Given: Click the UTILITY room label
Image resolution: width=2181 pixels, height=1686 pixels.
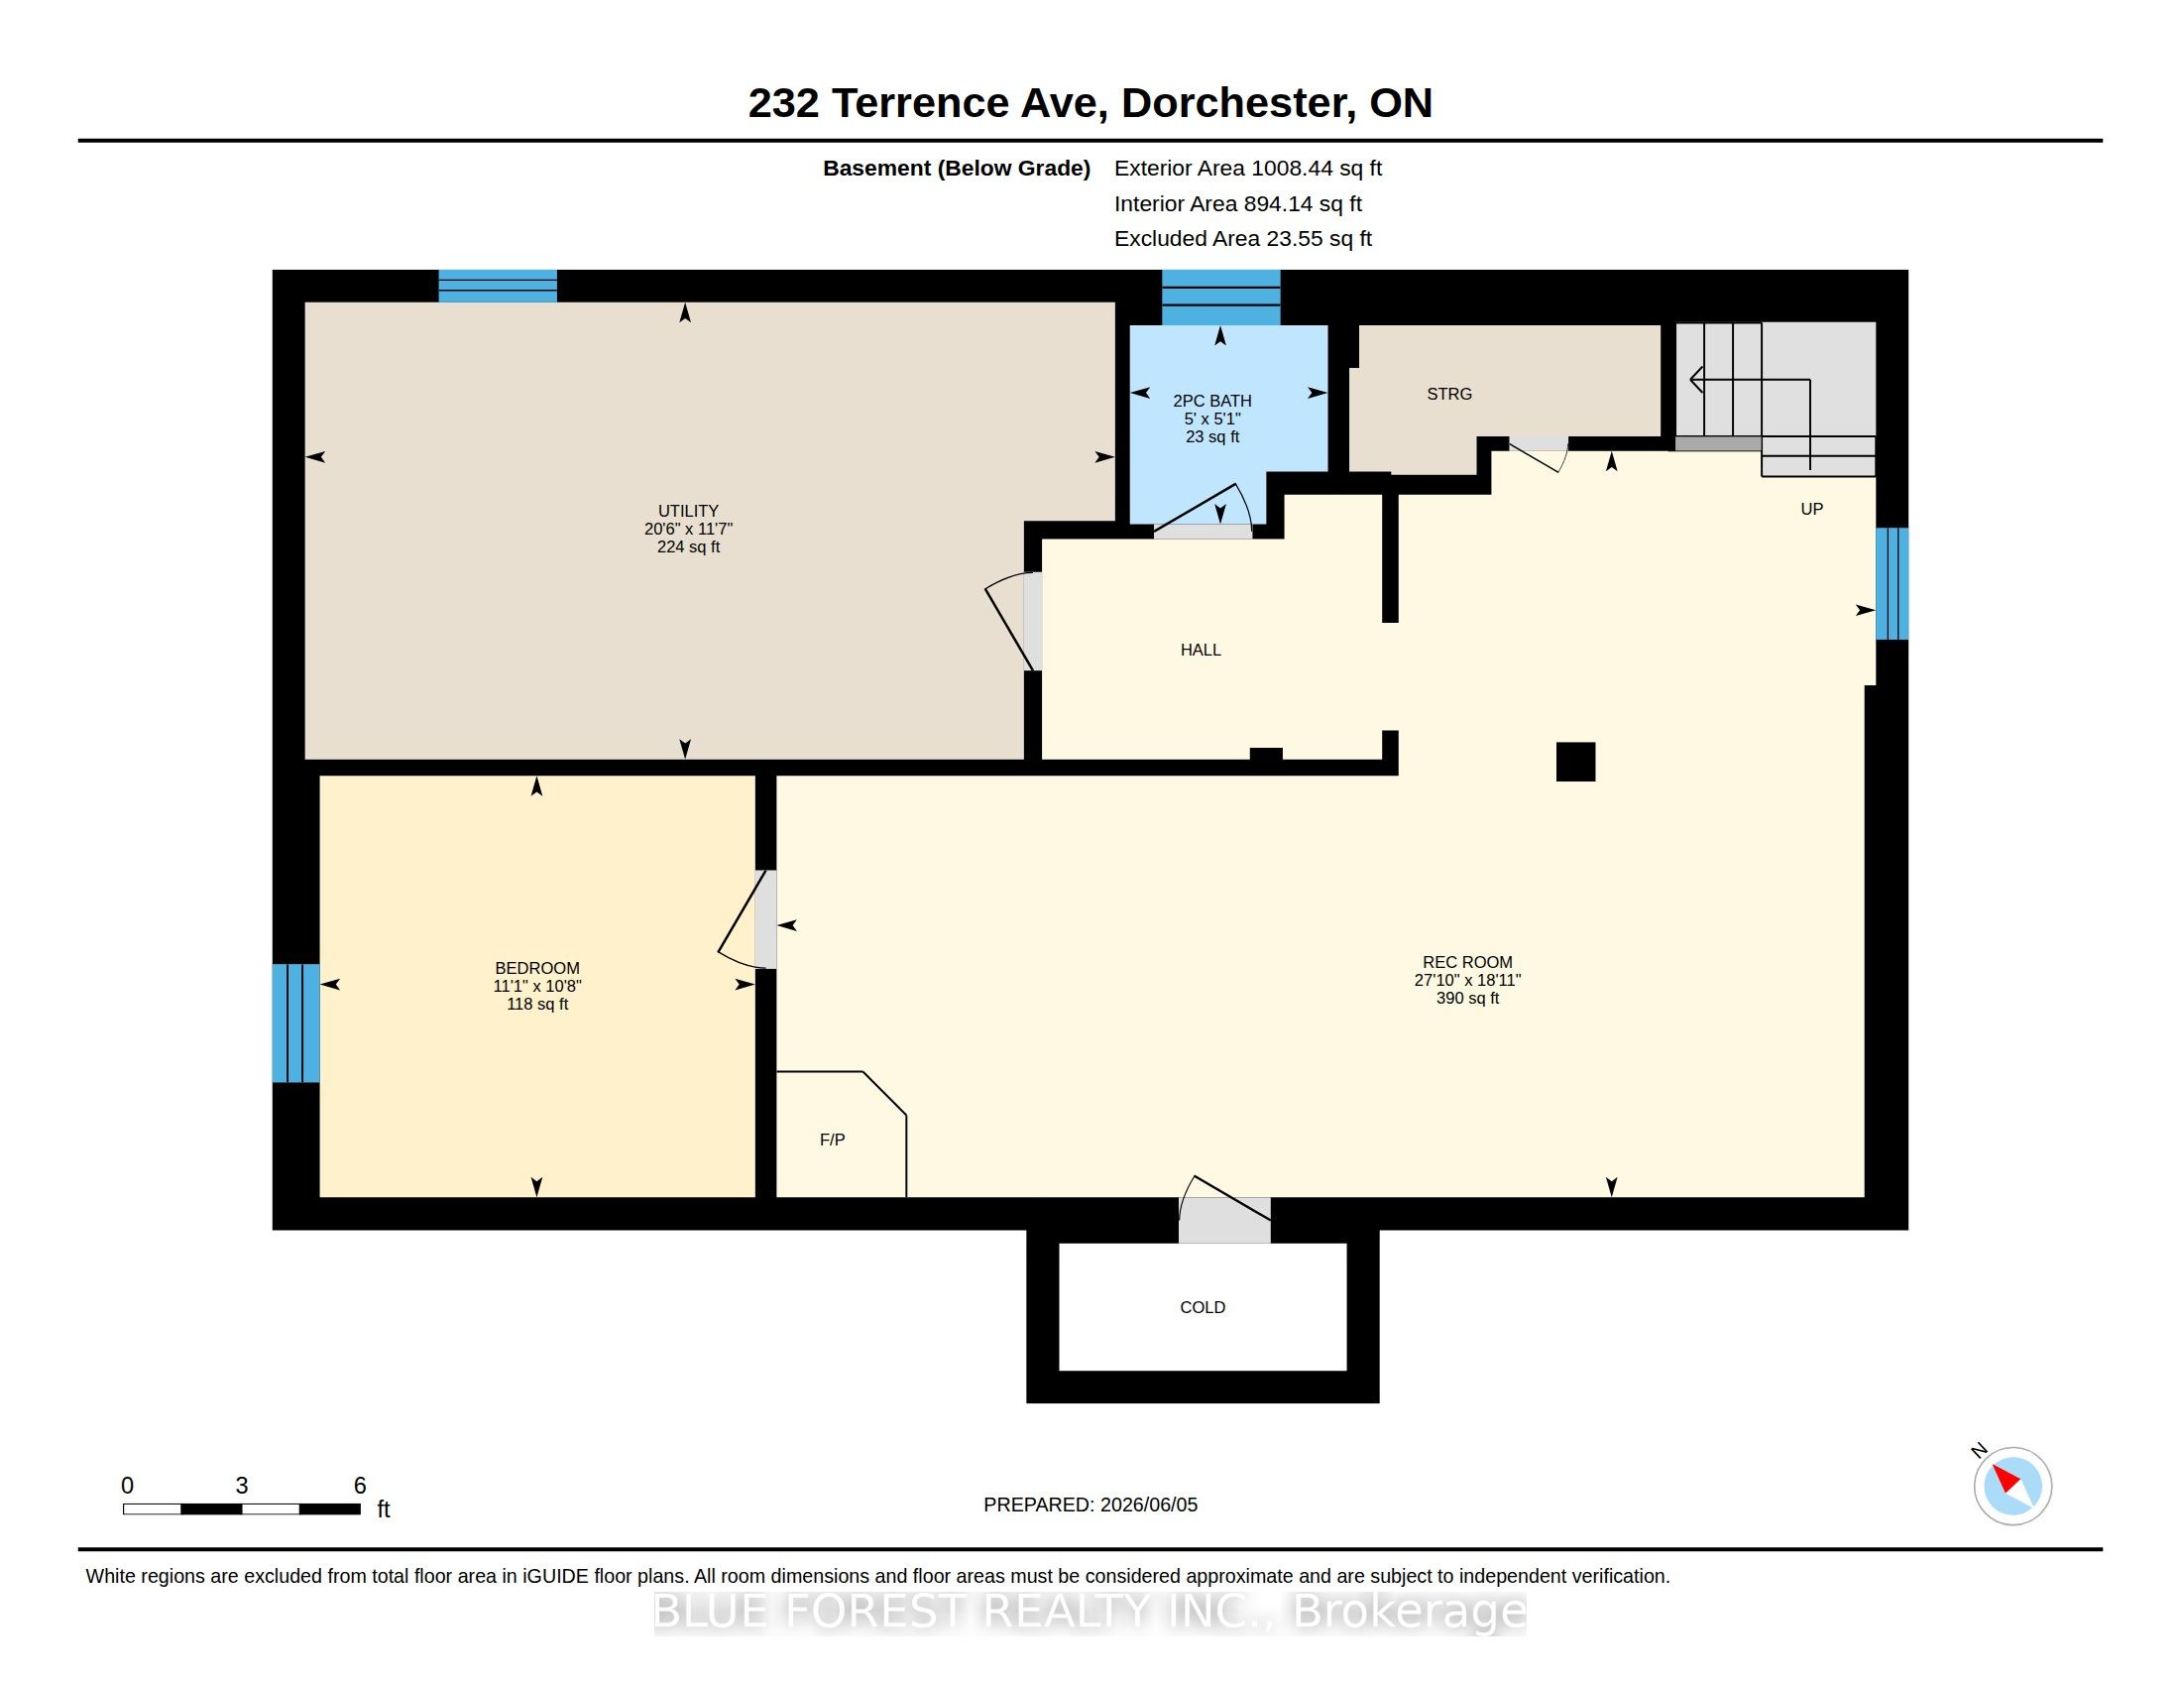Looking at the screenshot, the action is [x=688, y=511].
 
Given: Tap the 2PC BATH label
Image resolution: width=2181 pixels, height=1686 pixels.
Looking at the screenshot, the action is [x=1212, y=401].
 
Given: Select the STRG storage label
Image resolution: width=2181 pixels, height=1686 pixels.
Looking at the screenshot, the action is [x=1449, y=394].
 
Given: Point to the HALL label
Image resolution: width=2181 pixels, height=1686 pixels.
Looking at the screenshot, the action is [x=1201, y=650].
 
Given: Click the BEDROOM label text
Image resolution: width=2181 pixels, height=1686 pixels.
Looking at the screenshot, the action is [x=537, y=968].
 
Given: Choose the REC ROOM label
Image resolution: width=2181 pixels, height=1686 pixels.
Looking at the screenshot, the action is [x=1467, y=962].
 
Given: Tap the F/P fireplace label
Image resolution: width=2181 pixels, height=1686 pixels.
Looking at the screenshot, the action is [x=832, y=1140].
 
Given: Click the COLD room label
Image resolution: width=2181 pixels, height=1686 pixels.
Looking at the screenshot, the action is [x=1203, y=1307].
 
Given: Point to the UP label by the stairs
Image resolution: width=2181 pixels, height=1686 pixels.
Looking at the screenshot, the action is [x=1811, y=509].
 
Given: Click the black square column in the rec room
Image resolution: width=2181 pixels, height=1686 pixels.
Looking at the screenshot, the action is [x=1576, y=761].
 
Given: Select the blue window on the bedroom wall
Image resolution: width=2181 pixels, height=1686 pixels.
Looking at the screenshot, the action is [x=296, y=1023].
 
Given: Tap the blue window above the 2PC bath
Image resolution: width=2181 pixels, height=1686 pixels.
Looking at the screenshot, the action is [x=1220, y=298].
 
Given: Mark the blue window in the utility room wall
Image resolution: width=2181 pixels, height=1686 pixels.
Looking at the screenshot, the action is [x=499, y=286].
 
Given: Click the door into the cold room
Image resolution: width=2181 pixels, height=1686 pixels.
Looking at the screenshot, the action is [x=1224, y=1211].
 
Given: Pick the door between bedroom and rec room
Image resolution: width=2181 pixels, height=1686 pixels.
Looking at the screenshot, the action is [x=747, y=919].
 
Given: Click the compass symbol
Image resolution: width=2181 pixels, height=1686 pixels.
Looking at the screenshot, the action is [x=2012, y=1486].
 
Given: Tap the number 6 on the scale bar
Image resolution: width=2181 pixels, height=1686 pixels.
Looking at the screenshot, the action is [x=361, y=1486].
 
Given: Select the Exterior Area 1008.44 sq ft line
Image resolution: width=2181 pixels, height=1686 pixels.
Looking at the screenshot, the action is [x=1248, y=168].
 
